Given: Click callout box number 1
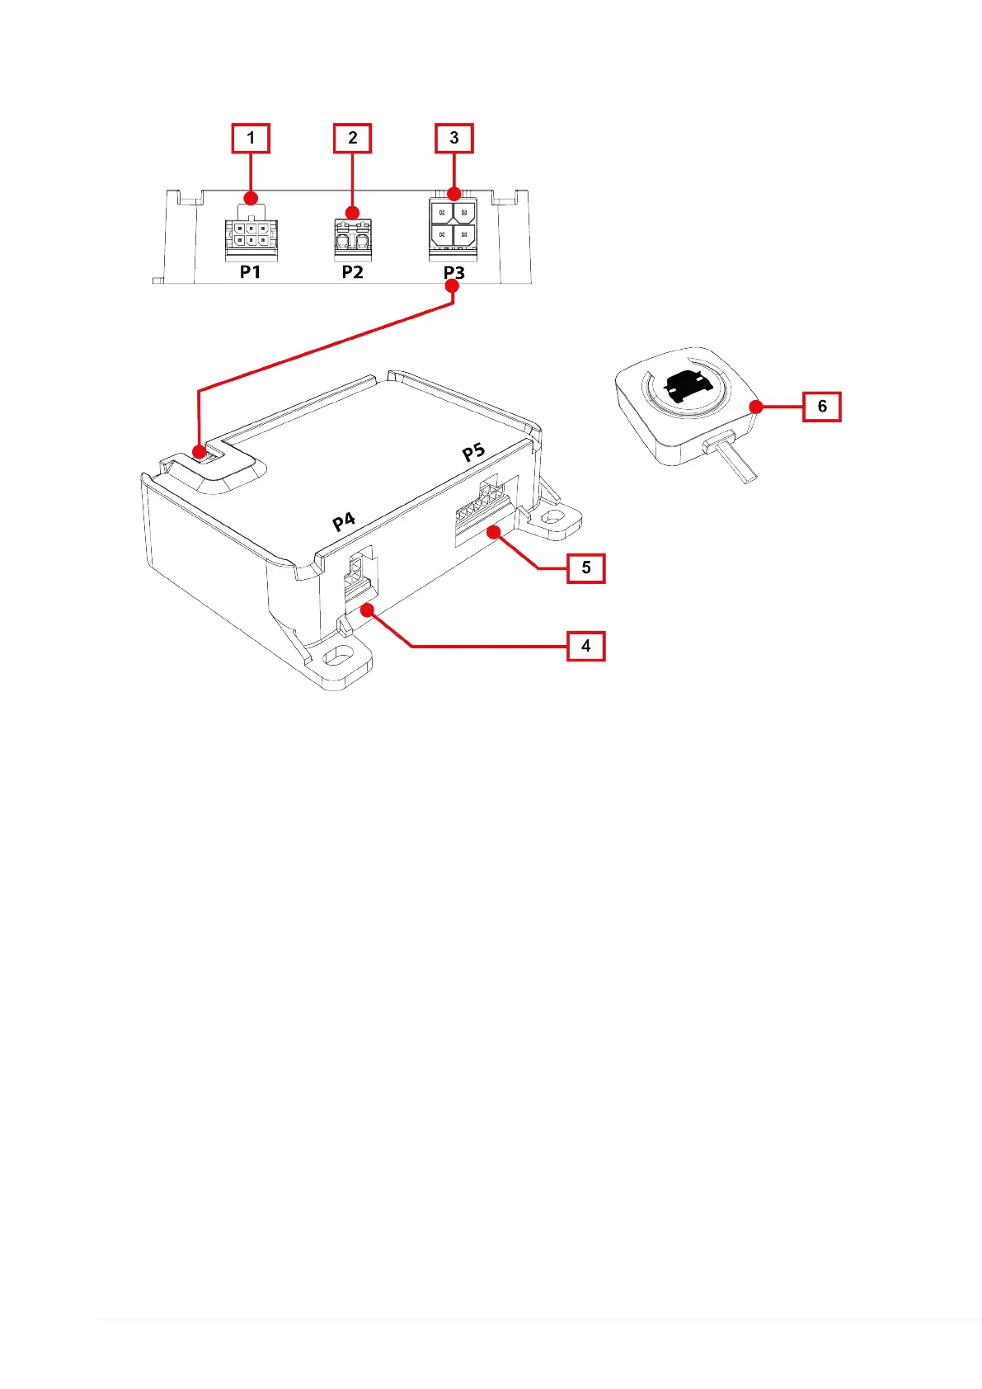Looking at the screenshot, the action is (251, 138).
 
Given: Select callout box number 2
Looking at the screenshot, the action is (352, 138).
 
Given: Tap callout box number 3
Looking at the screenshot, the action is (453, 138).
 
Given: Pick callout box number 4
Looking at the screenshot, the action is (585, 646).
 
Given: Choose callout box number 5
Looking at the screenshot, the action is (585, 567).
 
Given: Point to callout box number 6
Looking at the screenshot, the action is (821, 406).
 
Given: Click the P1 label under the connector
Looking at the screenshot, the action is (251, 272).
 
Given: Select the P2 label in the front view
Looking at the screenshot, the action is (352, 272).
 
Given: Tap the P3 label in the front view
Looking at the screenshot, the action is (453, 272).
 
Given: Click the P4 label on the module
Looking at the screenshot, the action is (344, 521).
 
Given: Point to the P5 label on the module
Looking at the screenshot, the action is (473, 452).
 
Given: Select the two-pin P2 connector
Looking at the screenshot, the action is (353, 238).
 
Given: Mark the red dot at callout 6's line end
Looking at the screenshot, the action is (755, 406).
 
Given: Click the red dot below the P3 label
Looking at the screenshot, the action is (452, 286).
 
